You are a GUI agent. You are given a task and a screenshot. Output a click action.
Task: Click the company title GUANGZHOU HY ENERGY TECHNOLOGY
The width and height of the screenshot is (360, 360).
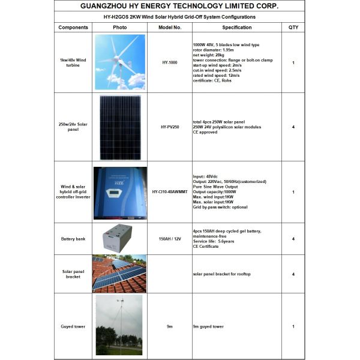click(179, 6)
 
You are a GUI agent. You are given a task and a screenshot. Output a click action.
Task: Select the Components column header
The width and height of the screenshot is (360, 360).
click(73, 28)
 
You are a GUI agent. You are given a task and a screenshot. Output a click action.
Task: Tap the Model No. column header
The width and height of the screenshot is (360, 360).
click(170, 28)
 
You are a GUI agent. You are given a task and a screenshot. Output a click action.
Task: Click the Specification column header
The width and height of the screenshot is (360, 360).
click(237, 28)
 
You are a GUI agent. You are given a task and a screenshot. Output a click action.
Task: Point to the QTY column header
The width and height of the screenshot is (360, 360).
click(293, 28)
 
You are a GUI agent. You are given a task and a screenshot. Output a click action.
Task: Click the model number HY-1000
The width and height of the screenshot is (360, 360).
click(170, 62)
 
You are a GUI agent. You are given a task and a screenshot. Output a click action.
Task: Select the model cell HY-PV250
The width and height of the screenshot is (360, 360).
click(170, 127)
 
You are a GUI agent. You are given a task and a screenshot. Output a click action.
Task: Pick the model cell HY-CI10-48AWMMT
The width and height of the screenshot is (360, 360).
click(170, 192)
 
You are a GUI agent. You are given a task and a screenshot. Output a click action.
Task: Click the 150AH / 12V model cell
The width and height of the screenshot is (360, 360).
click(170, 239)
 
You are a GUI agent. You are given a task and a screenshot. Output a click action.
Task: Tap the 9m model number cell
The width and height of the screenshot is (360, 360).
click(170, 326)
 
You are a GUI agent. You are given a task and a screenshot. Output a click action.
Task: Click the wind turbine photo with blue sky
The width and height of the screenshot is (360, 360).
click(120, 62)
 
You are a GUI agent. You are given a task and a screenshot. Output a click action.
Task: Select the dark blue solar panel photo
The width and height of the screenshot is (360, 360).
click(120, 127)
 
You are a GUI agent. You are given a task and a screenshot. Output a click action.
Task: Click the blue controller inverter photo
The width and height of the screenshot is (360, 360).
click(120, 192)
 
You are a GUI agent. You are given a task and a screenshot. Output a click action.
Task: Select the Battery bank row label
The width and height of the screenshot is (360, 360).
click(73, 239)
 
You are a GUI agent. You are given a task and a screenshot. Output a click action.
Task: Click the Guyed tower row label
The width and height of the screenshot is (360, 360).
click(73, 326)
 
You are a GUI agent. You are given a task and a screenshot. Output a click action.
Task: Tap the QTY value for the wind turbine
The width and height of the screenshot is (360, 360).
click(293, 62)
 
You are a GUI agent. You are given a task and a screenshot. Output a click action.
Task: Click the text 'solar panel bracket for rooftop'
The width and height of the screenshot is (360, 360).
click(221, 274)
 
